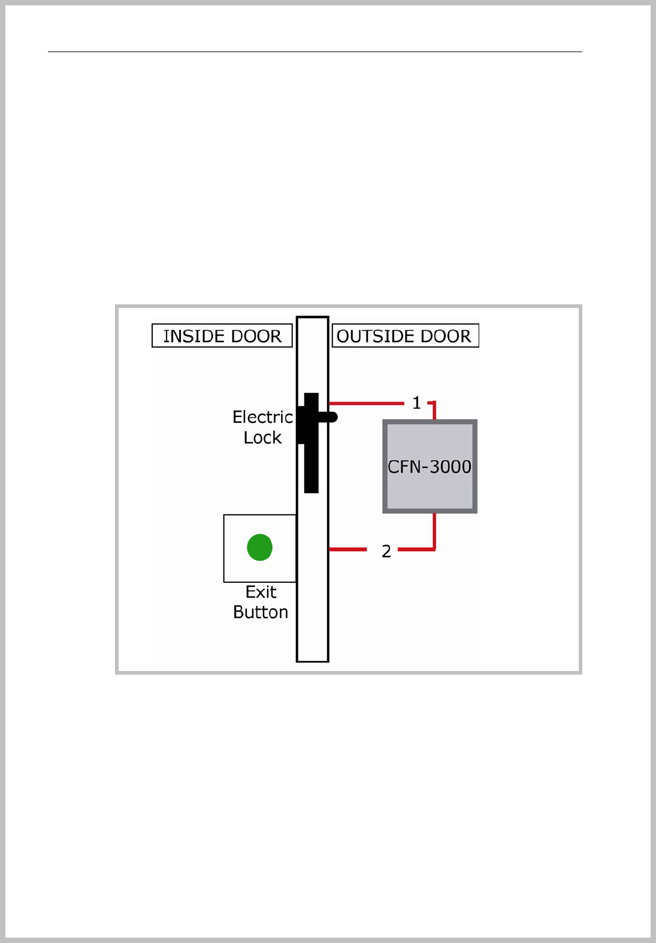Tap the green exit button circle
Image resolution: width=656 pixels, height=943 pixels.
tap(260, 547)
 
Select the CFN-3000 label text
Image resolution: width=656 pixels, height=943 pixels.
tap(430, 467)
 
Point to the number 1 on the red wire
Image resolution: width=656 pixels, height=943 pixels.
tap(417, 403)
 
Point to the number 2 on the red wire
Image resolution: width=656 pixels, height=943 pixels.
tap(386, 551)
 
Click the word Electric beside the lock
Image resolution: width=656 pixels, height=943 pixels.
tap(262, 417)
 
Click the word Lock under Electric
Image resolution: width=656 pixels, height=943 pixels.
tap(262, 438)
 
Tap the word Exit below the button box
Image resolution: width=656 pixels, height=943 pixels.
tap(261, 592)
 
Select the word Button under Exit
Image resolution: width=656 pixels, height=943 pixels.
tap(261, 612)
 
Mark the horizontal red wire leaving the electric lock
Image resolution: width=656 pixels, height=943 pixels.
tap(365, 403)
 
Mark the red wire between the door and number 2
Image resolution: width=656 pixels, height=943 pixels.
tap(347, 549)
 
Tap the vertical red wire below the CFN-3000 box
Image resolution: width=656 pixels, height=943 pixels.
tap(434, 530)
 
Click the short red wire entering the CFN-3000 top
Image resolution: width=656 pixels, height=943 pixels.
tap(434, 411)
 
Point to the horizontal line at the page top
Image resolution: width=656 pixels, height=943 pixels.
tap(315, 52)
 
